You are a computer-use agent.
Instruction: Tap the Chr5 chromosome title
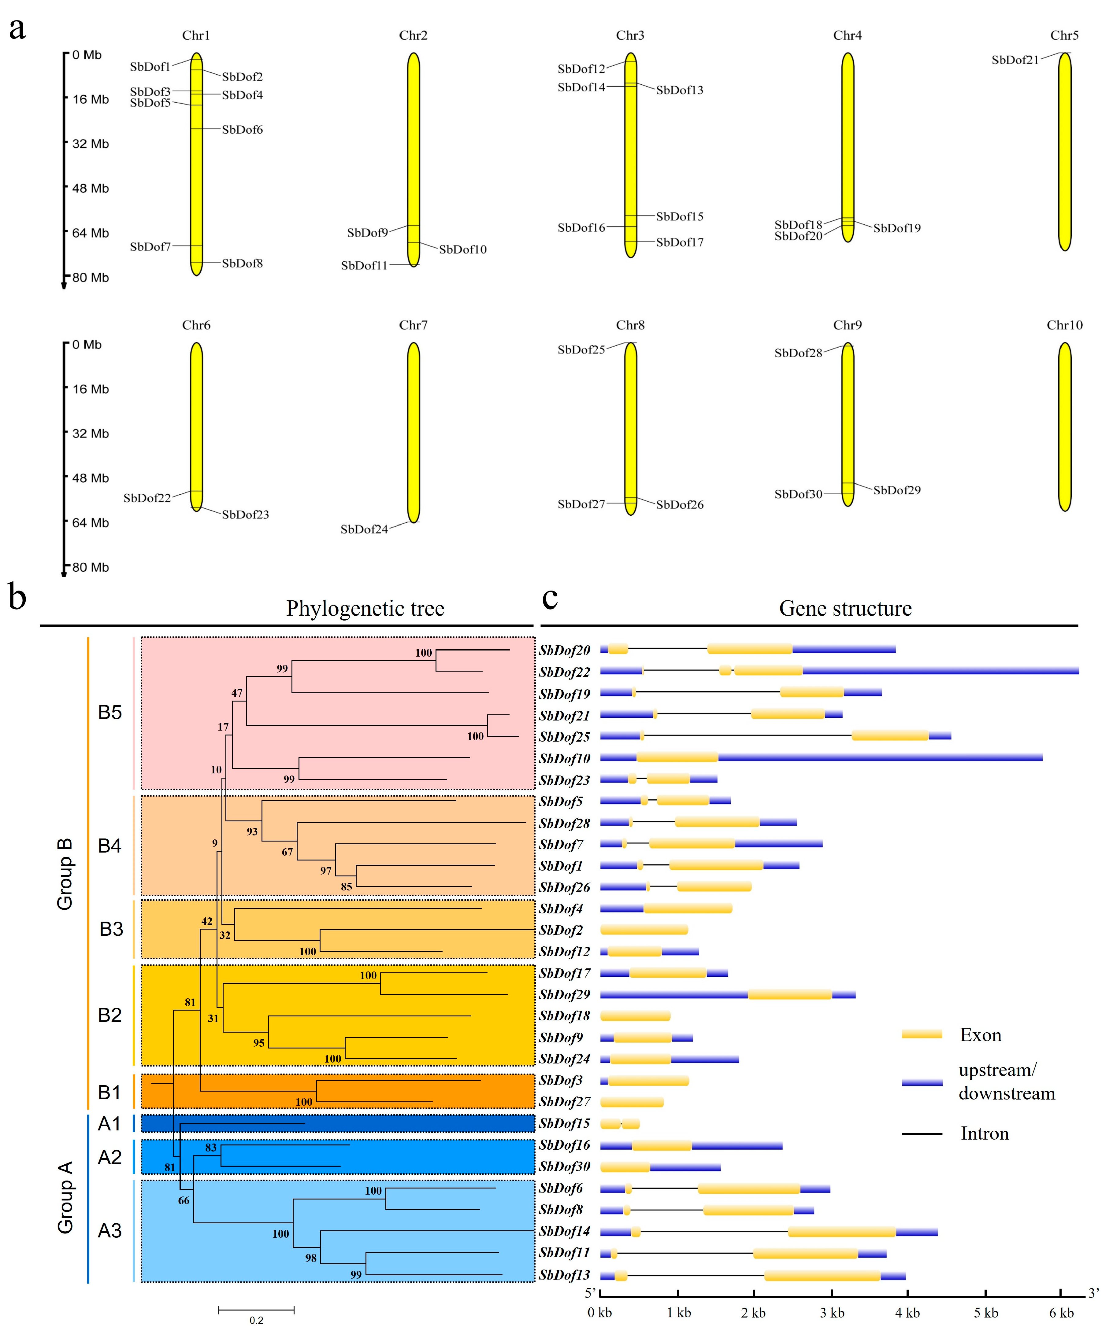[1064, 35]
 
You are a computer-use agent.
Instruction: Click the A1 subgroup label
[109, 1124]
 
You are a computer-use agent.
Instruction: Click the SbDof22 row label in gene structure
[564, 672]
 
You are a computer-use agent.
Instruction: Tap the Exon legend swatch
[922, 1035]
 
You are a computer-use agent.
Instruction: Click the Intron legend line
[922, 1134]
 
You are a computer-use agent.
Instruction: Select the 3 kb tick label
[831, 1313]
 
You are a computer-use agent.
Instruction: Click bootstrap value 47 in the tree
[236, 693]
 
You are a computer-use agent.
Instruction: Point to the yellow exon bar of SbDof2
[644, 930]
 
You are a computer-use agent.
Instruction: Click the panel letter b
[17, 598]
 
